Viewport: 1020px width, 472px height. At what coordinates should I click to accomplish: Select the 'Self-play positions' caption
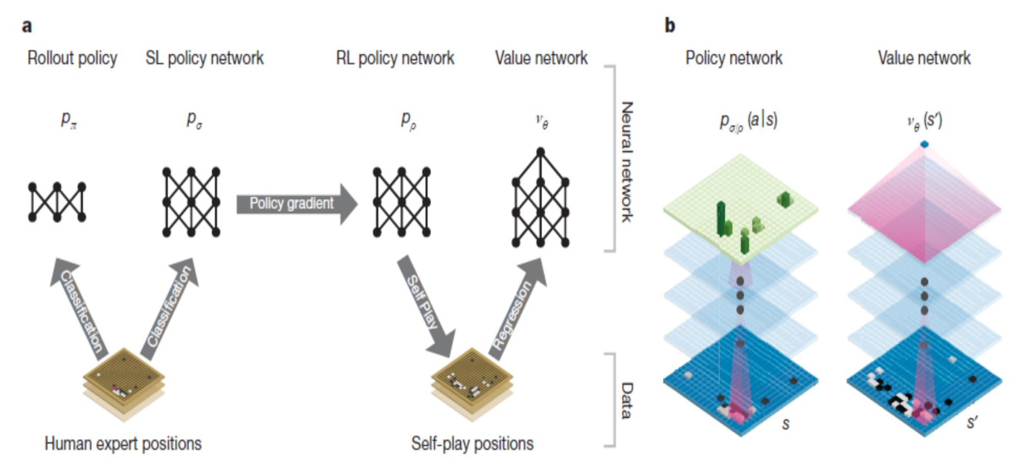click(x=472, y=443)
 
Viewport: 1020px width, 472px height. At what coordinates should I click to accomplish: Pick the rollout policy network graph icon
click(x=56, y=202)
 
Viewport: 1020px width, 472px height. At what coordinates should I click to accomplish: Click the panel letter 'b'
click(x=670, y=26)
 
